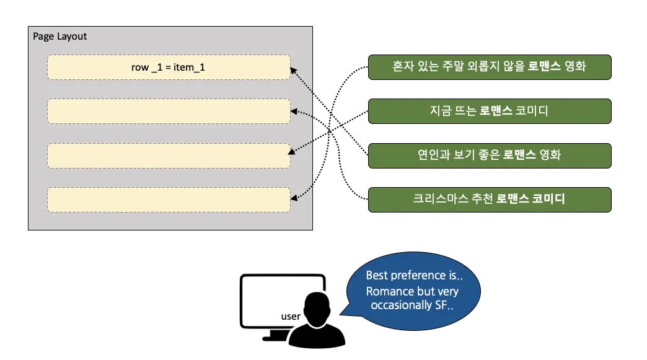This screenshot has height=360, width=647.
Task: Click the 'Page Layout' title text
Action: (x=59, y=37)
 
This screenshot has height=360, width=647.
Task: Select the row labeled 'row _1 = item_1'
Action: (x=169, y=67)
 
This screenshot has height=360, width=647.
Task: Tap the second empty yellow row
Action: (x=169, y=111)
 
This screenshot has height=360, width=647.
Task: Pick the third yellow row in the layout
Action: (x=169, y=156)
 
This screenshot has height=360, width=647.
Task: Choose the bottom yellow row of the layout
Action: (x=169, y=200)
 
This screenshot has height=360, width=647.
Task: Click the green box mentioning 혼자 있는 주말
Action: (x=490, y=66)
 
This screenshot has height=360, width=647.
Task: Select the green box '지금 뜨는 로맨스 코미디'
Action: (x=490, y=111)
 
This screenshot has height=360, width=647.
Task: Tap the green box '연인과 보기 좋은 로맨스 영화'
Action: (x=490, y=156)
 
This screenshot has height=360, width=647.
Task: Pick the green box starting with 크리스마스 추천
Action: (x=490, y=200)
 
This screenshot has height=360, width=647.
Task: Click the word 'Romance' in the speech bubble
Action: (x=389, y=291)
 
